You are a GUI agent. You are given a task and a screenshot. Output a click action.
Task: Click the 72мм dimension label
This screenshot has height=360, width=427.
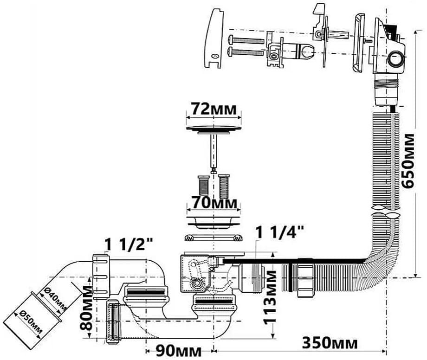214,109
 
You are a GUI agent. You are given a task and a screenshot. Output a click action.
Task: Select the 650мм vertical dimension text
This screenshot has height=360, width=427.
408,161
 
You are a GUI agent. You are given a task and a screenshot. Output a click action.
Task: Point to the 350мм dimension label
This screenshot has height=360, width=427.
330,342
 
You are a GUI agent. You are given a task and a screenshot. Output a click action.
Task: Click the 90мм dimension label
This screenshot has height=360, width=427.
179,351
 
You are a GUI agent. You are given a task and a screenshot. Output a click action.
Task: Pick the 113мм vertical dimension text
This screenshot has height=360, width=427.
270,297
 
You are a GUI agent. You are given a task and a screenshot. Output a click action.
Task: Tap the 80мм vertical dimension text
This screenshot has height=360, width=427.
87,308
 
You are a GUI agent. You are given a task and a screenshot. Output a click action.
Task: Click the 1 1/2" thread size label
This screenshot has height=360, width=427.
129,244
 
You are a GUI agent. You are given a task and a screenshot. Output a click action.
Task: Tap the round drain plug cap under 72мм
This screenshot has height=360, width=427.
214,129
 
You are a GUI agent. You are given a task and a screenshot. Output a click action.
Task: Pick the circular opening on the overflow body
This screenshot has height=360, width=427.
395,59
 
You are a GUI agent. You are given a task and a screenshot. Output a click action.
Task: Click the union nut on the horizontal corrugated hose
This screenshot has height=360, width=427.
305,277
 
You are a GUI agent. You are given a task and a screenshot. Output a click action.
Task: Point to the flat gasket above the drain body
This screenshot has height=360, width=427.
214,238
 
